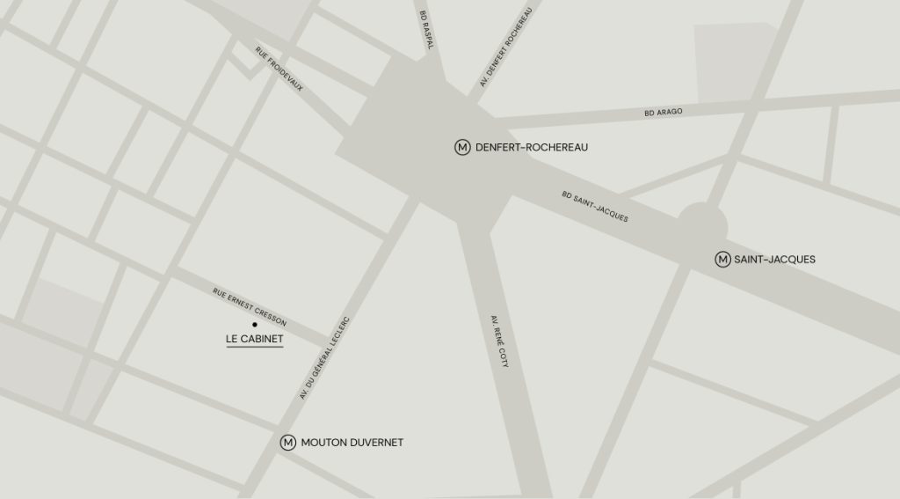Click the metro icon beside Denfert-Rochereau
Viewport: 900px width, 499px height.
[x=462, y=147]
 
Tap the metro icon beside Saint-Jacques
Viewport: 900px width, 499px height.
[x=722, y=260]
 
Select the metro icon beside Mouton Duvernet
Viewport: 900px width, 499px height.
[x=287, y=443]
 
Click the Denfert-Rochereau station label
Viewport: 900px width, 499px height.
[x=531, y=147]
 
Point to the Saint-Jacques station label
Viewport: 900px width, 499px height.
[x=774, y=260]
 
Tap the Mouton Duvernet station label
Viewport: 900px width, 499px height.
[x=352, y=443]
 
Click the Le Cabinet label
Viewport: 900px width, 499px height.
[x=255, y=339]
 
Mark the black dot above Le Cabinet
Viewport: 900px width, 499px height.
[x=255, y=325]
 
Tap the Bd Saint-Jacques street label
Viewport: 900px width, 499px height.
[x=596, y=206]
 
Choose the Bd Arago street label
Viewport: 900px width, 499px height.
[x=664, y=113]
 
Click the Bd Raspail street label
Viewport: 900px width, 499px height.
[x=425, y=31]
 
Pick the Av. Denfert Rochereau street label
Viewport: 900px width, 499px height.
[x=506, y=48]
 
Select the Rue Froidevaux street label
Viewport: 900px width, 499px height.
[x=279, y=69]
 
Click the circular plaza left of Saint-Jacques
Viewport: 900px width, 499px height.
[x=702, y=224]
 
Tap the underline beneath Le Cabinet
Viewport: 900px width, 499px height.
[x=255, y=349]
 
